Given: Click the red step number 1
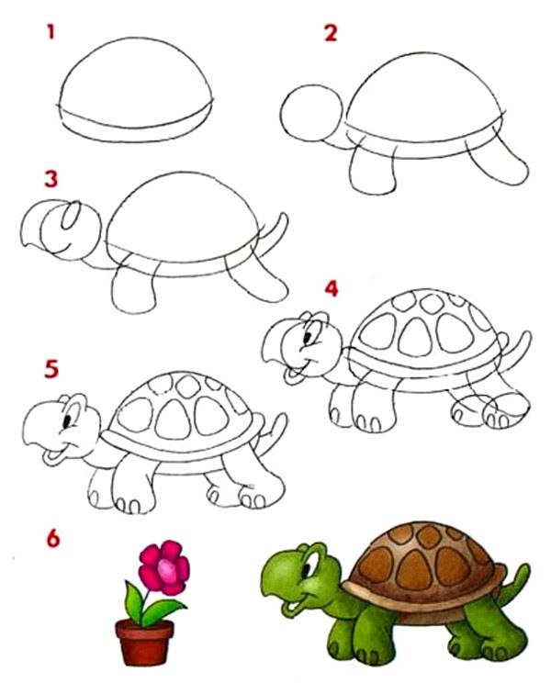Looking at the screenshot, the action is (51, 32).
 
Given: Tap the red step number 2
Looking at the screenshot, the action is (331, 33).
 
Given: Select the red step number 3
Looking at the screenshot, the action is (51, 179).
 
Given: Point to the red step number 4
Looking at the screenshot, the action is (332, 288).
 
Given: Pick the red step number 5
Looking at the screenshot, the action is (51, 369).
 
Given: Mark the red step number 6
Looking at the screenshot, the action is (52, 538).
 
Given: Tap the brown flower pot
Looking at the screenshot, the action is (144, 642).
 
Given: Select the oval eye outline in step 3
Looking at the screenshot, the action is (71, 215).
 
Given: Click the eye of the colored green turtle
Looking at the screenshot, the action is (308, 569).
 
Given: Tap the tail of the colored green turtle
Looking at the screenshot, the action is (515, 582).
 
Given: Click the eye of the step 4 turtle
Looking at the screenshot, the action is (308, 337).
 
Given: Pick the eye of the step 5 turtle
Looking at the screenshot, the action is (68, 421).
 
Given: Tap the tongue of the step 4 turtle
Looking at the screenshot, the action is (291, 375).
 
